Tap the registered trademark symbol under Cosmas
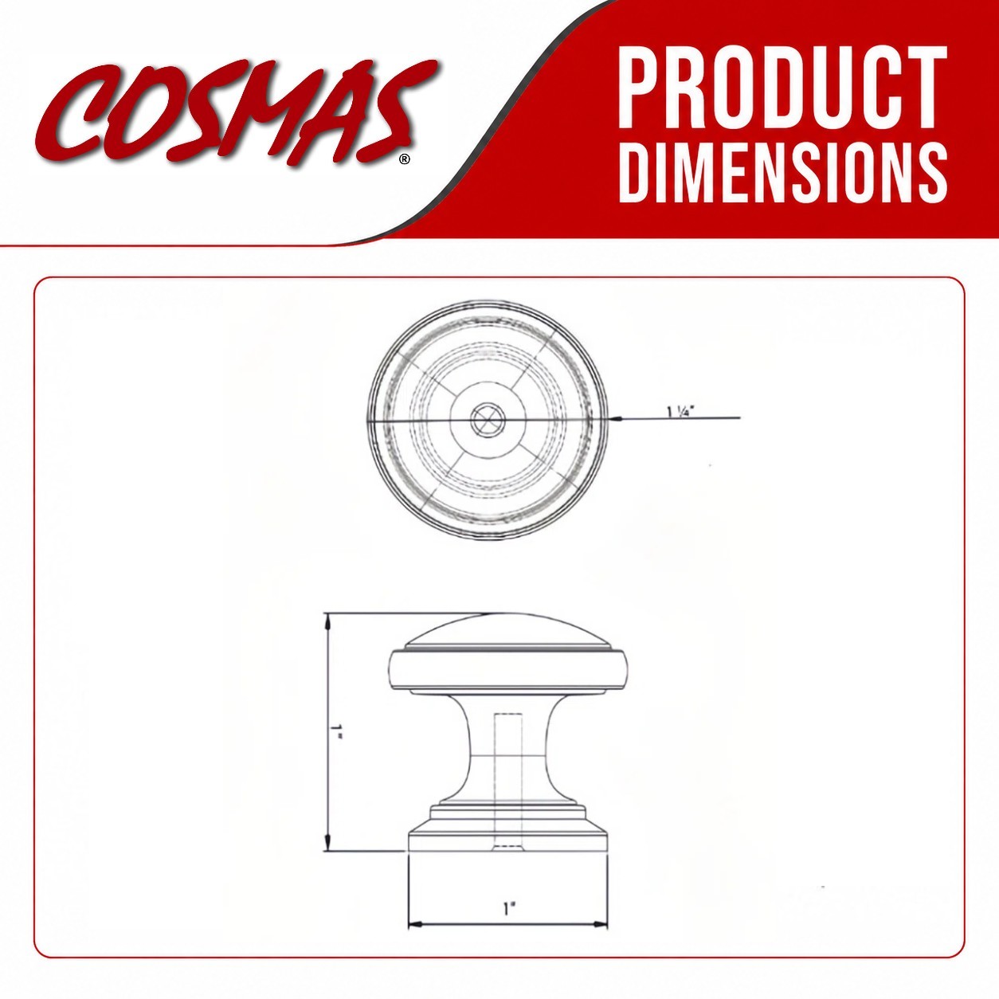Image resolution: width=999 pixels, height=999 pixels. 405,159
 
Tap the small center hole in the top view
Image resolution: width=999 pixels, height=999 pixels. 488,419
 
